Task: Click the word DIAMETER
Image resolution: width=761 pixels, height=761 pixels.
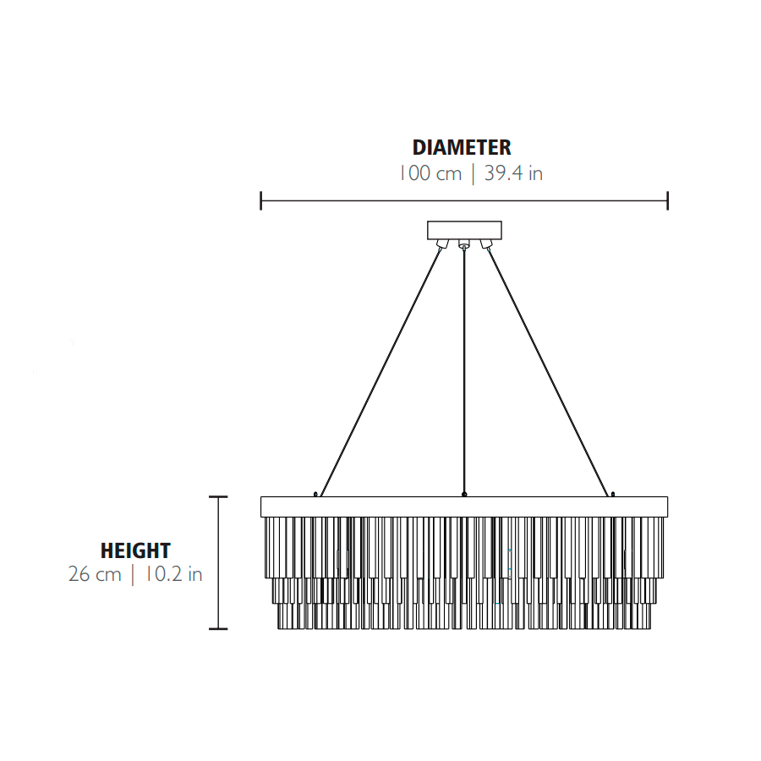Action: coord(462,147)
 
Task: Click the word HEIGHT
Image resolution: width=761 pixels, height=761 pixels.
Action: coord(135,550)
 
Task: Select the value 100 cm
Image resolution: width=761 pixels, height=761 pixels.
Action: coord(430,173)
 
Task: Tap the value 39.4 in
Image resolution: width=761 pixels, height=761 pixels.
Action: coord(513,173)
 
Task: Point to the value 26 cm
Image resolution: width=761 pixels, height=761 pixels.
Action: coord(95,574)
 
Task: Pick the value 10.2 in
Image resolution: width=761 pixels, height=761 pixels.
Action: coord(173,574)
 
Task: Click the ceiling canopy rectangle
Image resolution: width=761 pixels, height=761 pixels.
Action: coord(464,230)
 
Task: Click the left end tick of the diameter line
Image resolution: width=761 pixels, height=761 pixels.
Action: coord(261,200)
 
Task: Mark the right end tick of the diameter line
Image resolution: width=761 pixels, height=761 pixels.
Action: coord(668,200)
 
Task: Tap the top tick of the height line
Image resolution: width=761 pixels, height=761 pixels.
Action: coord(218,497)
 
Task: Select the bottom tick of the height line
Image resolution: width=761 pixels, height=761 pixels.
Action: coord(218,629)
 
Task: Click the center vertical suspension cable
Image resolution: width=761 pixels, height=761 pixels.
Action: coord(464,371)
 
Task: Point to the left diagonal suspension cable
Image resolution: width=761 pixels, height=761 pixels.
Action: coord(381,372)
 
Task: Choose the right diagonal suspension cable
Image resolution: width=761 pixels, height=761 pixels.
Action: coord(547,372)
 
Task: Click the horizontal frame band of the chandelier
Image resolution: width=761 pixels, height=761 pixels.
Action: coord(464,506)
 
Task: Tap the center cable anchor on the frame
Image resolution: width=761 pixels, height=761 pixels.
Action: coord(464,494)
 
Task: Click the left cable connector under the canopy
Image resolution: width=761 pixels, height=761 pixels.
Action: coord(442,244)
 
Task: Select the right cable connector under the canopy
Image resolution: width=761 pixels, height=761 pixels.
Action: coord(486,244)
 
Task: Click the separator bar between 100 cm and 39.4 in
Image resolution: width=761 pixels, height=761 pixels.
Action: coord(474,174)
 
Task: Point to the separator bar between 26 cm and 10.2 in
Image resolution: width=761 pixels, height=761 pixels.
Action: coord(133,575)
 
